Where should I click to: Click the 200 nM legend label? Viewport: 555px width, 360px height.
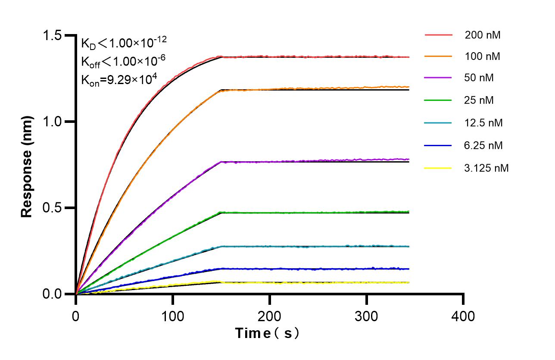pyautogui.click(x=482, y=35)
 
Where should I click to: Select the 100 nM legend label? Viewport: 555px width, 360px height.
pyautogui.click(x=482, y=57)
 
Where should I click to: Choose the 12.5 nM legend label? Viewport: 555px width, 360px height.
pyautogui.click(x=483, y=123)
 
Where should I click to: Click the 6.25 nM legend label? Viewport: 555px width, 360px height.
pyautogui.click(x=483, y=145)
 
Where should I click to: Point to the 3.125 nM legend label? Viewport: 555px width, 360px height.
pyautogui.click(x=486, y=168)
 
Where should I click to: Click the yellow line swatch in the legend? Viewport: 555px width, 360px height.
pyautogui.click(x=438, y=168)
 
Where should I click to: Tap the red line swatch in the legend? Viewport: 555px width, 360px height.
pyautogui.click(x=438, y=35)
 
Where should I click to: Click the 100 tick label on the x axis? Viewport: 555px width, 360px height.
pyautogui.click(x=173, y=316)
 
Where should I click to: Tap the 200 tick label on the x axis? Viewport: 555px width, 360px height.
pyautogui.click(x=270, y=316)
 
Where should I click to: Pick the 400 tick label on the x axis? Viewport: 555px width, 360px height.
pyautogui.click(x=463, y=316)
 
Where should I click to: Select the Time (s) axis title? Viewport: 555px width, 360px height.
pyautogui.click(x=267, y=333)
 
